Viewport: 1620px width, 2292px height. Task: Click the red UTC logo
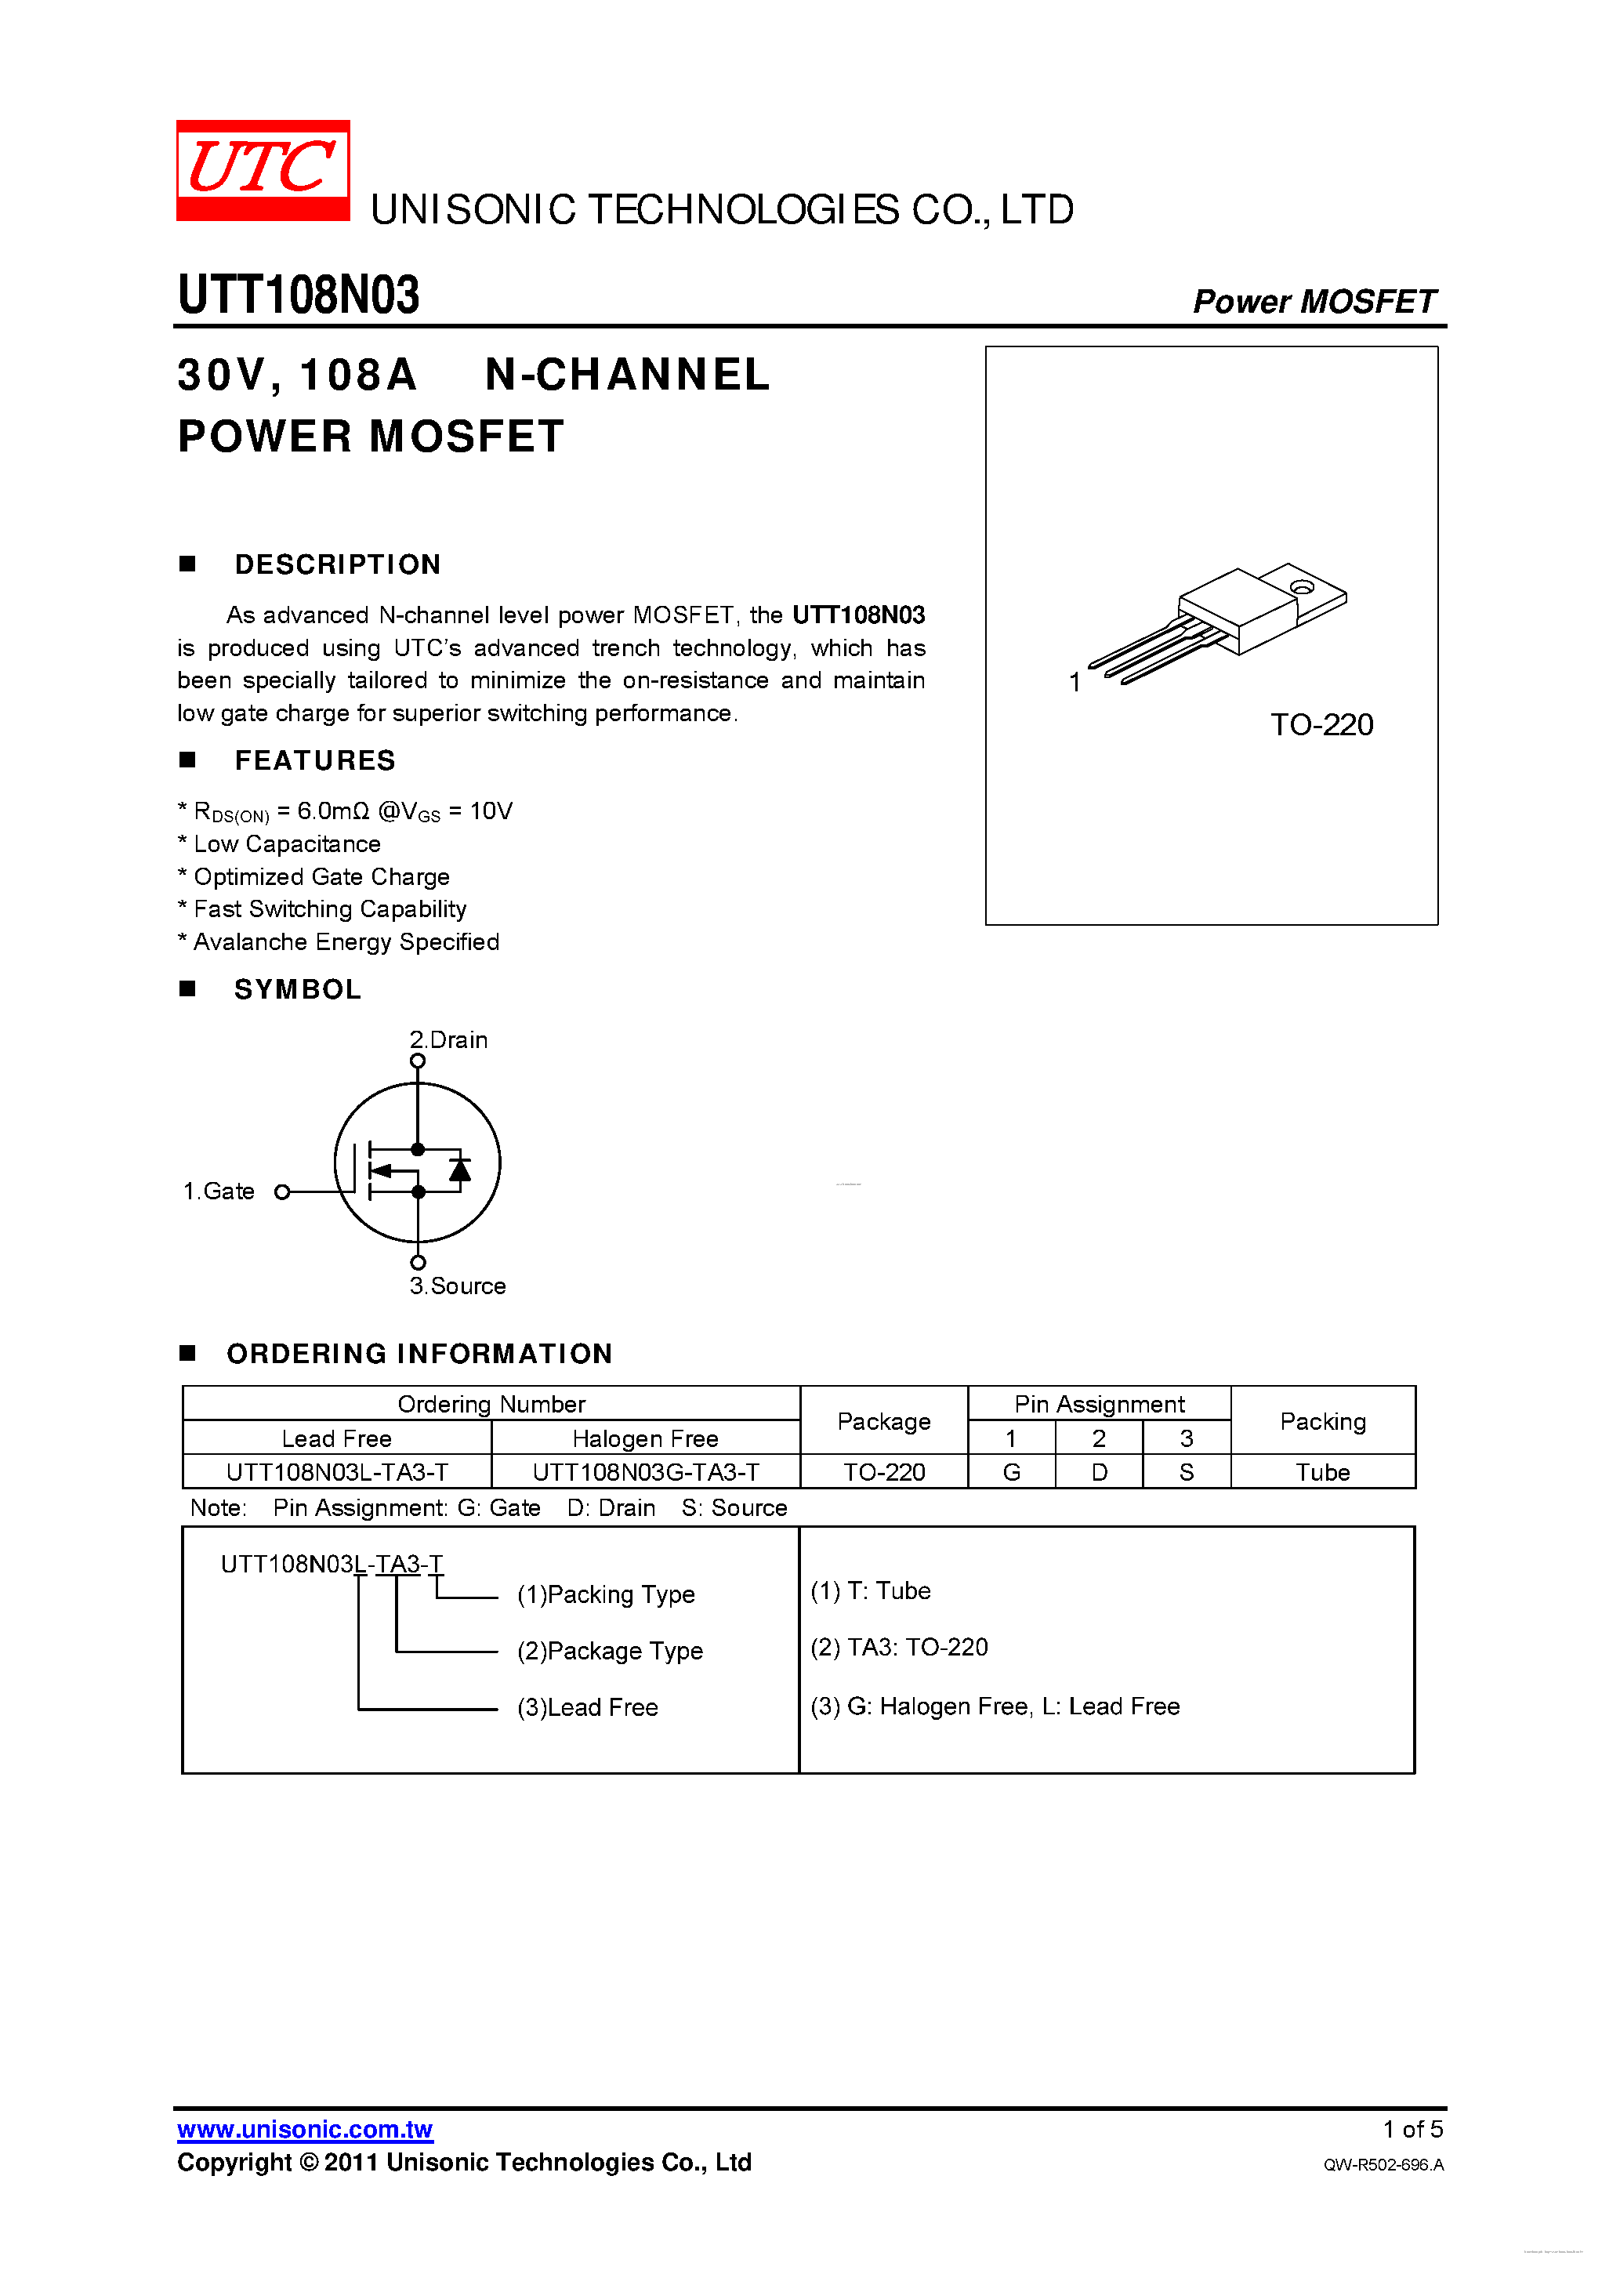[263, 169]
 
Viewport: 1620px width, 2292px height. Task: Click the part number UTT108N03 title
[299, 296]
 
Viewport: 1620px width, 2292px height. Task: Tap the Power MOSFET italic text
[1314, 302]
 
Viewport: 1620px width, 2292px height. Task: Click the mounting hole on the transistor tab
[1302, 587]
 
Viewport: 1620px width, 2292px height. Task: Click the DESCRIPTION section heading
[337, 565]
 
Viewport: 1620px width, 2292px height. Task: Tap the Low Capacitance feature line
[287, 844]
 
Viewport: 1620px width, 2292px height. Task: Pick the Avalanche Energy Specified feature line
[346, 942]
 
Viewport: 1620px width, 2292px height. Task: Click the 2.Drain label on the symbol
[448, 1040]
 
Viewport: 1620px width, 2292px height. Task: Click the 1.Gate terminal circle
[282, 1192]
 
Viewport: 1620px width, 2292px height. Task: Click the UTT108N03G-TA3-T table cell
[646, 1472]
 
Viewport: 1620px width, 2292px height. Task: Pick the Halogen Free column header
[646, 1438]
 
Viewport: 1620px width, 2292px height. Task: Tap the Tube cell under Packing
[1321, 1472]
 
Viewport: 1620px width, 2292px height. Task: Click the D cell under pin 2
[1098, 1472]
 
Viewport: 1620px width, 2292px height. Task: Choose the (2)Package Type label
[609, 1651]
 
